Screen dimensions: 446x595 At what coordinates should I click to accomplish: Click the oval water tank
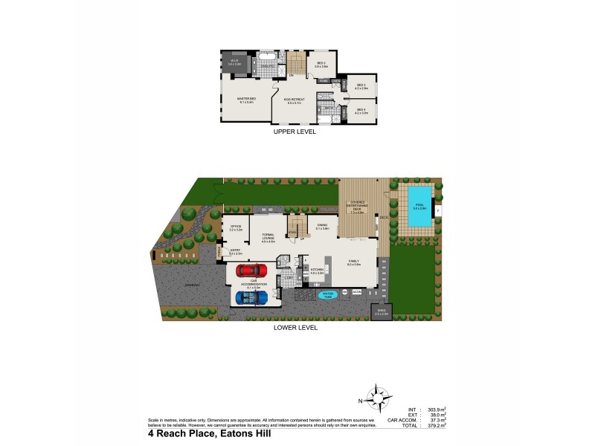(x=326, y=294)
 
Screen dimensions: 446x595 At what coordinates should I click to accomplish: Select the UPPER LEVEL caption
(x=295, y=132)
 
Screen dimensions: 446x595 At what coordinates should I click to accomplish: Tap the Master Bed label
(x=246, y=101)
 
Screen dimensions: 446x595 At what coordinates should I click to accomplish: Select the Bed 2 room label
(x=321, y=64)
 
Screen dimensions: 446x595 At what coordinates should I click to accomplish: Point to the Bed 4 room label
(x=361, y=111)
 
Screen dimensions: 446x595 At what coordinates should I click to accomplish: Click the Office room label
(x=236, y=227)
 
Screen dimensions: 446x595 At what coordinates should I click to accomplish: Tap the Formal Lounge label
(x=268, y=239)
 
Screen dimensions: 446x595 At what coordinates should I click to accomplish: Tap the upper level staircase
(x=297, y=62)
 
